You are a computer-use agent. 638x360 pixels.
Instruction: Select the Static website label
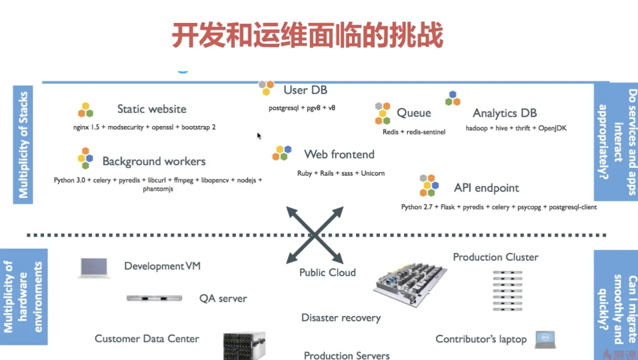coord(152,109)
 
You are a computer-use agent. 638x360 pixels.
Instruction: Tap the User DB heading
coord(305,90)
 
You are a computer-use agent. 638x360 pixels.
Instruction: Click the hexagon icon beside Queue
coord(383,113)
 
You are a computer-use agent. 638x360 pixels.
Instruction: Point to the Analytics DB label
coord(505,113)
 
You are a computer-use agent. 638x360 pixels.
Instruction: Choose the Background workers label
coord(154,161)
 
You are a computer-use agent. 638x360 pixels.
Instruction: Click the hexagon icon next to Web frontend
coord(282,153)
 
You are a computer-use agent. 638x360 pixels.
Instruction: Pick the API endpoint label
coord(487,188)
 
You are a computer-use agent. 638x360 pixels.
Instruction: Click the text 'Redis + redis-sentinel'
coord(414,132)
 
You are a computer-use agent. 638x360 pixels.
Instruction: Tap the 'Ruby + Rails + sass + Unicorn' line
coord(341,173)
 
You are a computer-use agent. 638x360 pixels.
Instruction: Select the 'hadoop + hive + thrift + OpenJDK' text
coord(516,128)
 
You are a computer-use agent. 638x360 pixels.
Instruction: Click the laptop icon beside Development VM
coord(94,267)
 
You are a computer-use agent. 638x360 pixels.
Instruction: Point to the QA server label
coord(223,299)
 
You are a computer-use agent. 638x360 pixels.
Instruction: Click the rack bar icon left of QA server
coord(154,298)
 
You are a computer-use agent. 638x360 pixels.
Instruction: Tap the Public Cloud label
coord(327,273)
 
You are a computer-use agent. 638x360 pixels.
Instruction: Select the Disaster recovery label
coord(341,318)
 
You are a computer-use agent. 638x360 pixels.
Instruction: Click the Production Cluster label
coord(496,257)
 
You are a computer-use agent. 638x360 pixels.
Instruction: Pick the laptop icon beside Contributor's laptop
coord(545,339)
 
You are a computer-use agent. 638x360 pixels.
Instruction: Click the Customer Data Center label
coord(147,339)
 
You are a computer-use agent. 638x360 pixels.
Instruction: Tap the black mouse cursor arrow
coord(259,136)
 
